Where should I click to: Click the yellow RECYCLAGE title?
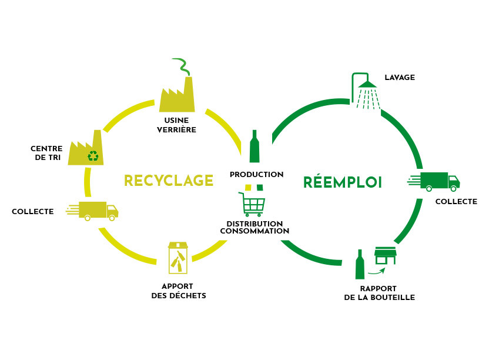point(169,181)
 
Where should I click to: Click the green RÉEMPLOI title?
point(343,182)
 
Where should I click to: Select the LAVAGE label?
point(400,78)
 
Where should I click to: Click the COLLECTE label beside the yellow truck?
point(33,212)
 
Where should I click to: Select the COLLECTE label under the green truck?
point(456,202)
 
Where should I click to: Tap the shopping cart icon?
point(252,204)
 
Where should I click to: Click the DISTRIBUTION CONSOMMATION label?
point(254,228)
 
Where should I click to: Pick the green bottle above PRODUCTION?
point(254,146)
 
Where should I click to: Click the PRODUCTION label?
point(256,175)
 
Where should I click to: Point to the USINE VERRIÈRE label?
point(176,125)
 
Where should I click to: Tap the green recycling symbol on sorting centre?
point(93,156)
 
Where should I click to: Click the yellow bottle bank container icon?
point(178,258)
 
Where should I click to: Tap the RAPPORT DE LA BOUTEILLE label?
point(380,293)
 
